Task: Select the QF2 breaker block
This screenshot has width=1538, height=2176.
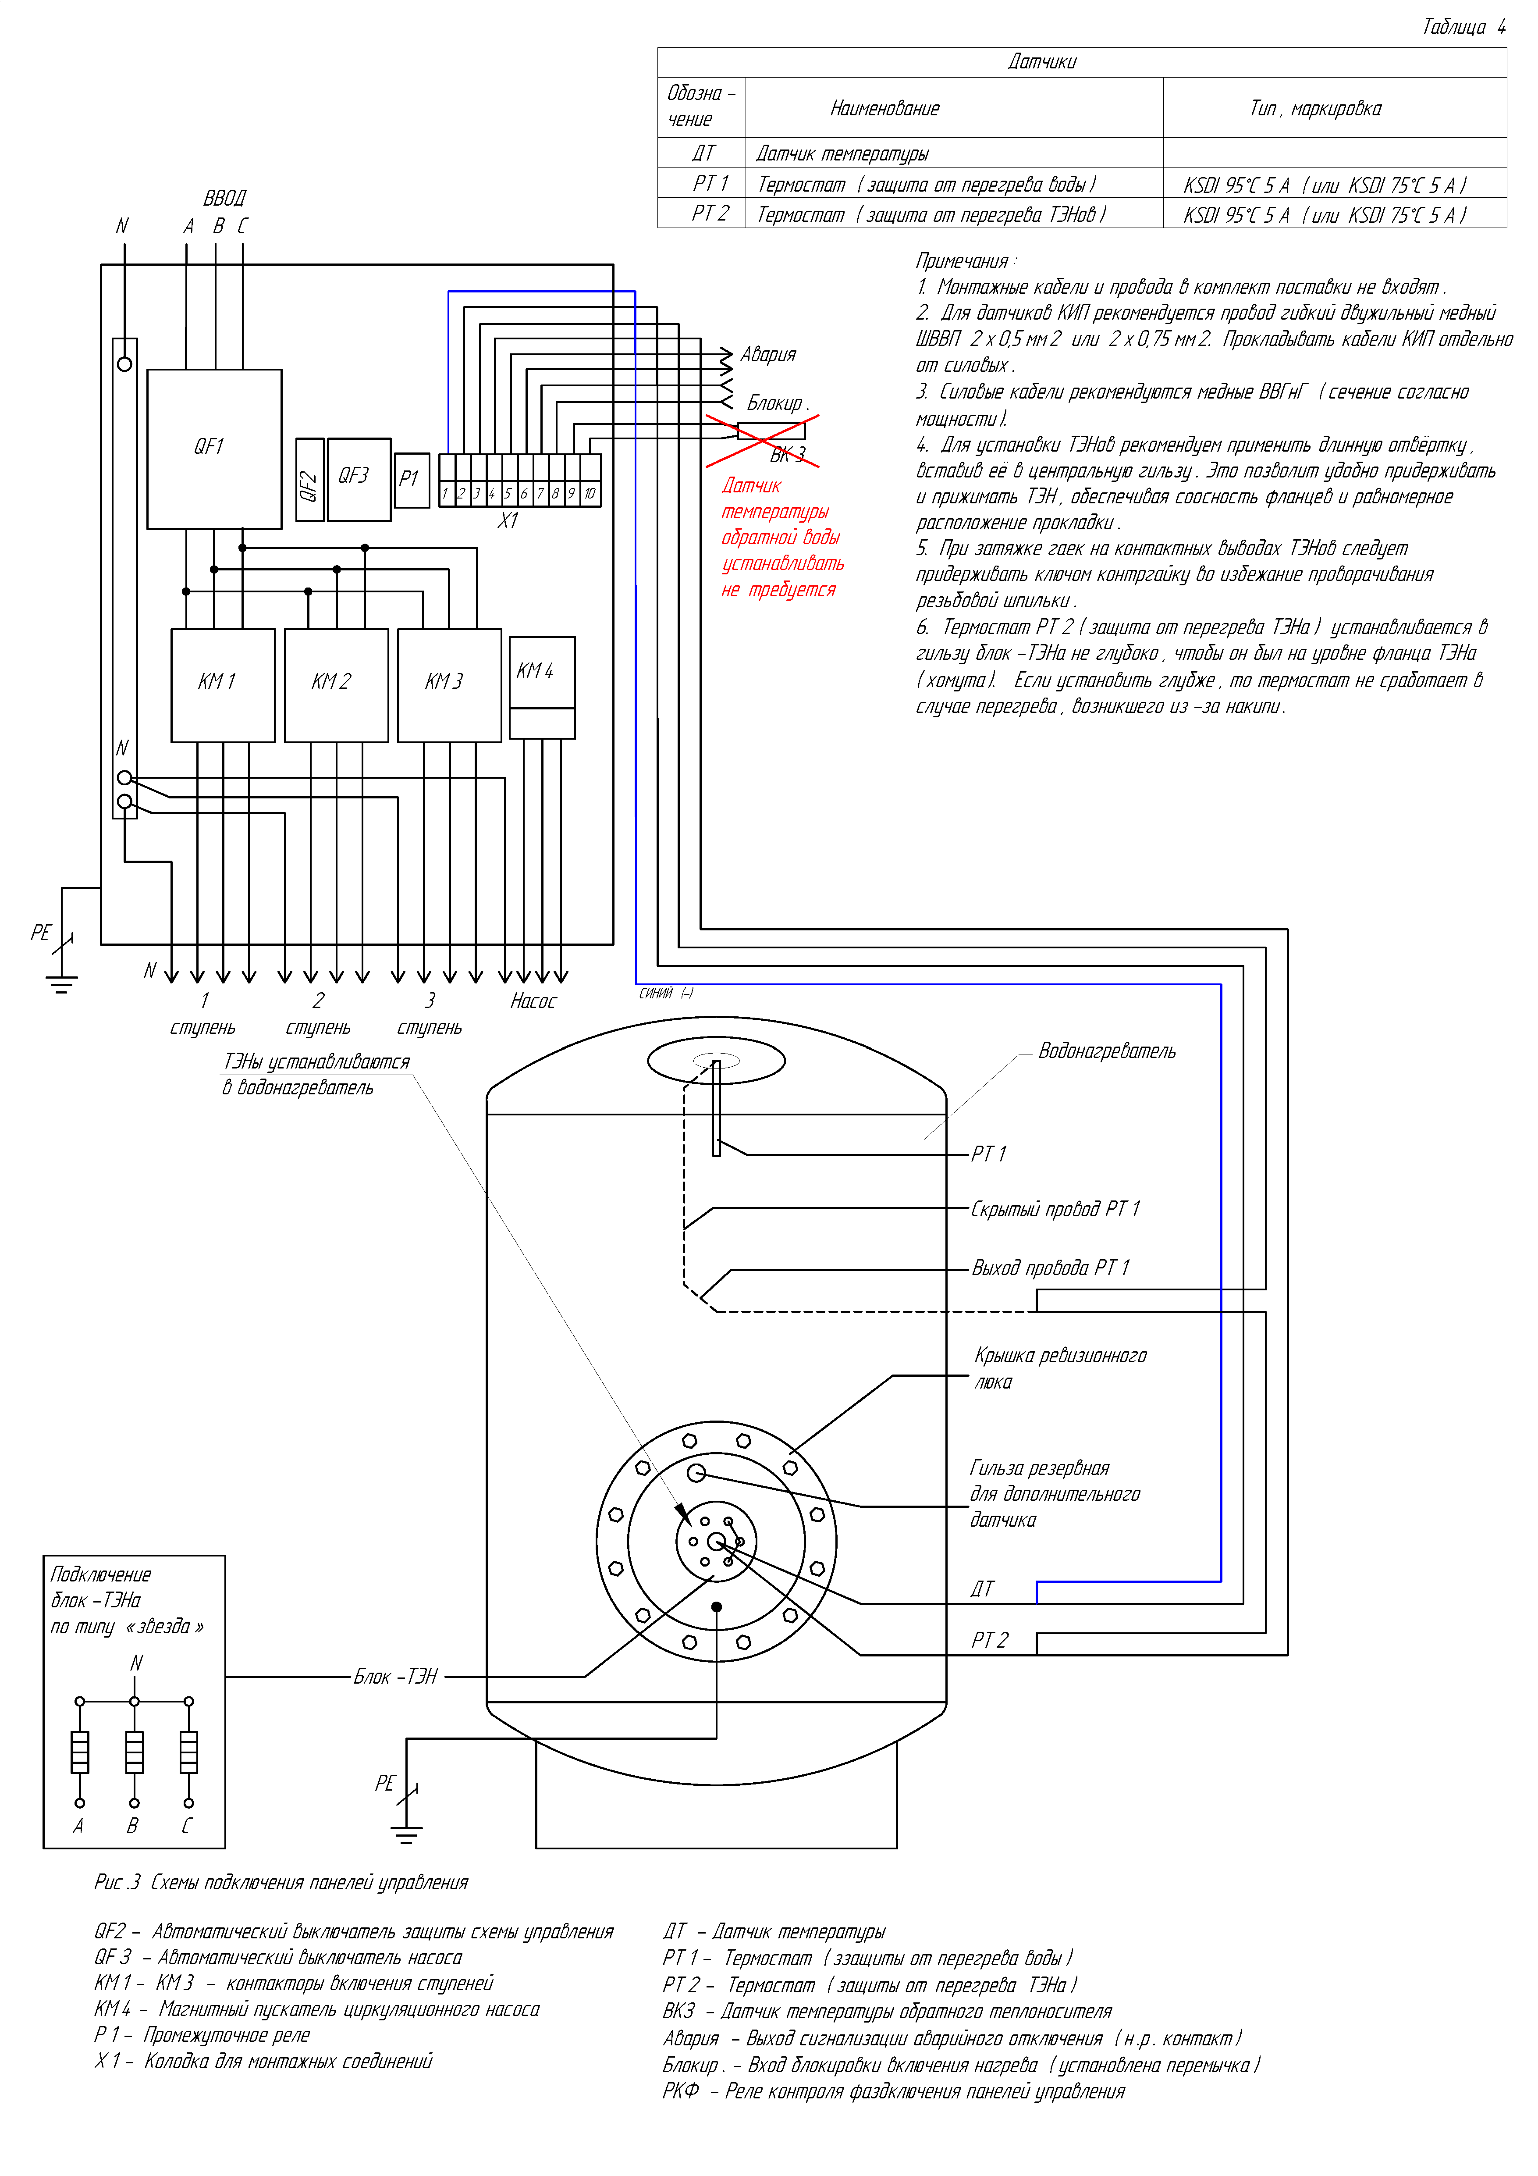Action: click(309, 480)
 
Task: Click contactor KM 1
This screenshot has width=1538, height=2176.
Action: click(223, 684)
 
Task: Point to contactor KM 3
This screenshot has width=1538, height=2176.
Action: click(449, 684)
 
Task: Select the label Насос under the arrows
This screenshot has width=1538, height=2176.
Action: click(533, 1002)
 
